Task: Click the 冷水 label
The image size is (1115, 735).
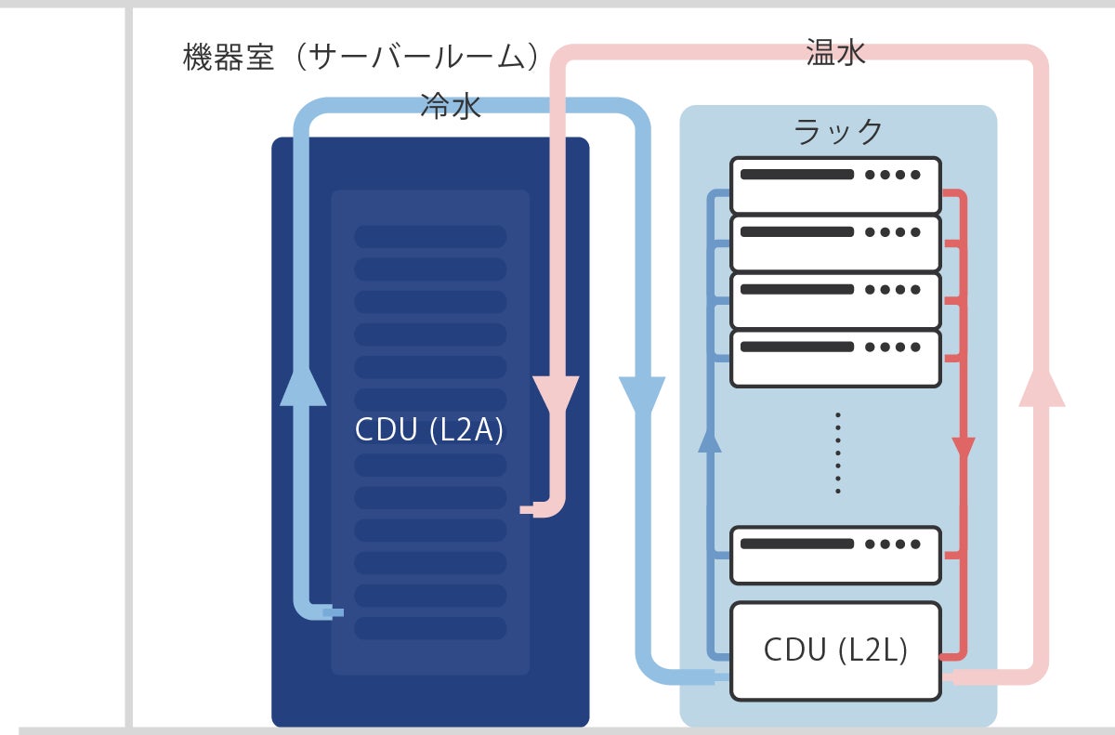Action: pyautogui.click(x=451, y=106)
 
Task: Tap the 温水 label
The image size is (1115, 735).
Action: pyautogui.click(x=835, y=52)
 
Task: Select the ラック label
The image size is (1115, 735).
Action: pyautogui.click(x=838, y=132)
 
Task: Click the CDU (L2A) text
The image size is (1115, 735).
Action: pyautogui.click(x=429, y=429)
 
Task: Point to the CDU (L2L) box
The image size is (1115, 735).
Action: pyautogui.click(x=835, y=651)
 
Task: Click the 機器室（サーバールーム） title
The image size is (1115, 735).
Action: pyautogui.click(x=361, y=57)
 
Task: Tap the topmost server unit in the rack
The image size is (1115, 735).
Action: pyautogui.click(x=835, y=185)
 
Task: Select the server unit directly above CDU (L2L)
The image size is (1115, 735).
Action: pyautogui.click(x=835, y=555)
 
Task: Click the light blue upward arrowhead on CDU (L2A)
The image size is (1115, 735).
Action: pyautogui.click(x=303, y=387)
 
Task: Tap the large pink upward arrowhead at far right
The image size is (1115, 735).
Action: pyautogui.click(x=1042, y=387)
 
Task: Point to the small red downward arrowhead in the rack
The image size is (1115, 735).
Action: pyautogui.click(x=964, y=449)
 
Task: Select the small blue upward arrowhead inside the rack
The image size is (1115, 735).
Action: pyautogui.click(x=710, y=442)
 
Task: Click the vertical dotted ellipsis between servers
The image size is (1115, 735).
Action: pyautogui.click(x=838, y=453)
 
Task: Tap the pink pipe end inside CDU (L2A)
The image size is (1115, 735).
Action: pyautogui.click(x=527, y=509)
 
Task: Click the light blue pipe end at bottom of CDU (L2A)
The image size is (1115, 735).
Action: pyautogui.click(x=334, y=612)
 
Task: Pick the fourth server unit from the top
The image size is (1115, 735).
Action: pyautogui.click(x=835, y=359)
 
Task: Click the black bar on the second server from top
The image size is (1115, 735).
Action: pyautogui.click(x=797, y=232)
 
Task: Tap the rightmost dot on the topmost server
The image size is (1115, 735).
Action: pyautogui.click(x=915, y=175)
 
